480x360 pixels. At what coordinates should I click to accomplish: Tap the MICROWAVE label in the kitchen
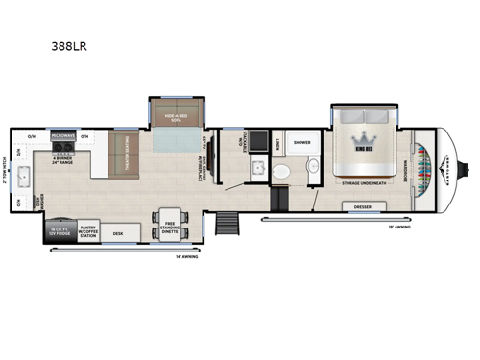pyautogui.click(x=63, y=136)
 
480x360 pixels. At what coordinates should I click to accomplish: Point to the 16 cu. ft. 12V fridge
pyautogui.click(x=54, y=229)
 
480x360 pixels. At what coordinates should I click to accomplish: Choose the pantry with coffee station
pyautogui.click(x=87, y=229)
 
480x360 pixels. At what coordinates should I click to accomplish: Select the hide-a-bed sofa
pyautogui.click(x=173, y=114)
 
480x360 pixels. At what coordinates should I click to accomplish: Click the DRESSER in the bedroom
pyautogui.click(x=363, y=205)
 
